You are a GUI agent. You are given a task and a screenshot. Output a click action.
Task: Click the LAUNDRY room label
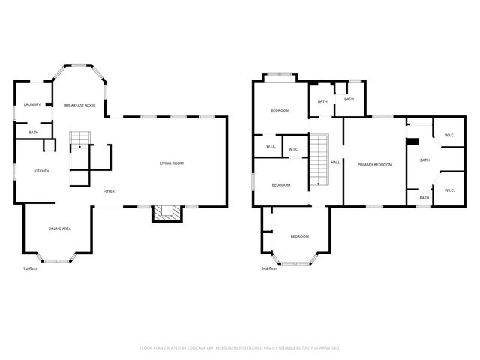32,104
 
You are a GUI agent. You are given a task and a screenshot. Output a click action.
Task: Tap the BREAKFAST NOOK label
79,105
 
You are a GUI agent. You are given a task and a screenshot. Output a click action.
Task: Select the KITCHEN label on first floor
41,172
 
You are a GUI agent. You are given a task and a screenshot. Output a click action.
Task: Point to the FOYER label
109,191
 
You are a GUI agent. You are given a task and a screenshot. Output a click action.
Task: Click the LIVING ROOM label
171,163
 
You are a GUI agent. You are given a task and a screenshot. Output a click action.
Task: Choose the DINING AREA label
60,229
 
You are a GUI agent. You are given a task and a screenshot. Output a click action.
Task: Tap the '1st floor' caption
30,268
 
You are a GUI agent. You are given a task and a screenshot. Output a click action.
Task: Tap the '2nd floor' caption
268,268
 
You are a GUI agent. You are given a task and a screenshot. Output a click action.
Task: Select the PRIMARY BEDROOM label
375,164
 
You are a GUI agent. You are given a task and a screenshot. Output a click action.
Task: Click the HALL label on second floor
335,162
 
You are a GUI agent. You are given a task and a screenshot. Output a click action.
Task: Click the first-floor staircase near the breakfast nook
79,139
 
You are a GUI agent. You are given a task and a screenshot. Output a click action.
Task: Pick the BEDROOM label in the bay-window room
299,236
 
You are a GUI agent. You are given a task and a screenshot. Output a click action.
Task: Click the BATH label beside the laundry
34,133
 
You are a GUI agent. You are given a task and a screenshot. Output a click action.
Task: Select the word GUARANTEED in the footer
325,347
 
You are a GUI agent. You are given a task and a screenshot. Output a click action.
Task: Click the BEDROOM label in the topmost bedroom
280,110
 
